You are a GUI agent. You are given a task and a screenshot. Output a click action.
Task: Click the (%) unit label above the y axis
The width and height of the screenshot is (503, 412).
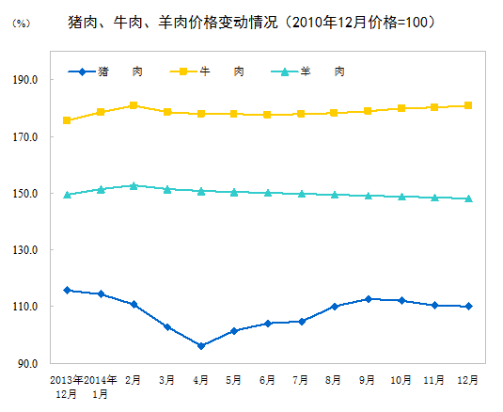tap(20, 23)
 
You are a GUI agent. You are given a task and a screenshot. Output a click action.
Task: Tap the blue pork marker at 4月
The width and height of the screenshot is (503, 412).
tap(201, 346)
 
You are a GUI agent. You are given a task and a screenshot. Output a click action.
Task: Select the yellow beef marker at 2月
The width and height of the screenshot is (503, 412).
tap(134, 105)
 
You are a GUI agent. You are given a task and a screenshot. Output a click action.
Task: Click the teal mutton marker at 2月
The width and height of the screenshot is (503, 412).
tap(134, 185)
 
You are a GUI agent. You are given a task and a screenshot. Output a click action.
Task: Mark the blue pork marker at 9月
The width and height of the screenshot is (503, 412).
tap(368, 299)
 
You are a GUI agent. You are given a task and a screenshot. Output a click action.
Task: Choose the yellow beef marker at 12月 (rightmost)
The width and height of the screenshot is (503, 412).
tap(468, 105)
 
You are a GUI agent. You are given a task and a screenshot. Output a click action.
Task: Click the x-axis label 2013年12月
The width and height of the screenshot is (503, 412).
tap(67, 387)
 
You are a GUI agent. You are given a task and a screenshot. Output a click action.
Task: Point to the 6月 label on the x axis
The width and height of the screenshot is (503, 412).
tap(268, 380)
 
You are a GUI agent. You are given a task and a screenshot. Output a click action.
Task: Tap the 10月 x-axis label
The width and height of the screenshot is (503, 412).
tap(401, 380)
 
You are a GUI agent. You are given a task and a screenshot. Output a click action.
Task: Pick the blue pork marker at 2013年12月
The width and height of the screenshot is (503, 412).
tap(67, 290)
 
